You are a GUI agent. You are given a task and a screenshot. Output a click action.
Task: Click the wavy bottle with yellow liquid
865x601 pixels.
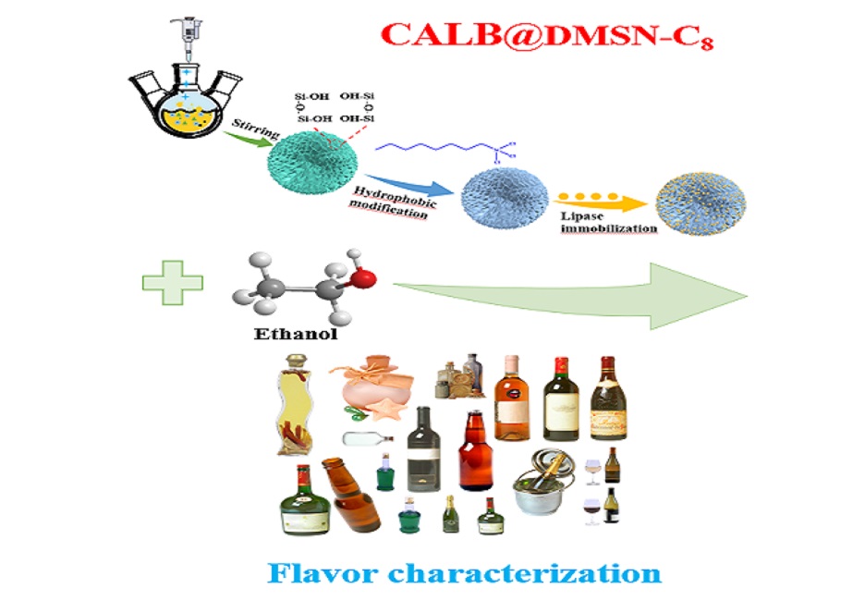click(288, 407)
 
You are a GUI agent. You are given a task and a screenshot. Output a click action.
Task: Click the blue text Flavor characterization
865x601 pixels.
click(465, 571)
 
